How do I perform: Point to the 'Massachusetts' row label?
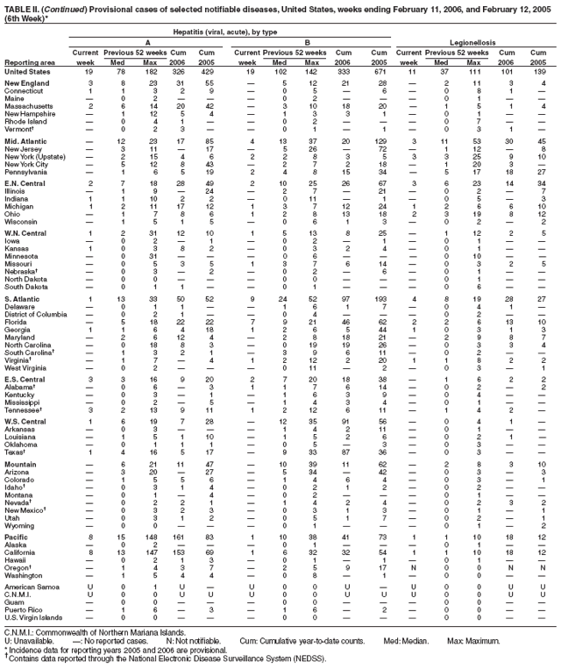26,105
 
